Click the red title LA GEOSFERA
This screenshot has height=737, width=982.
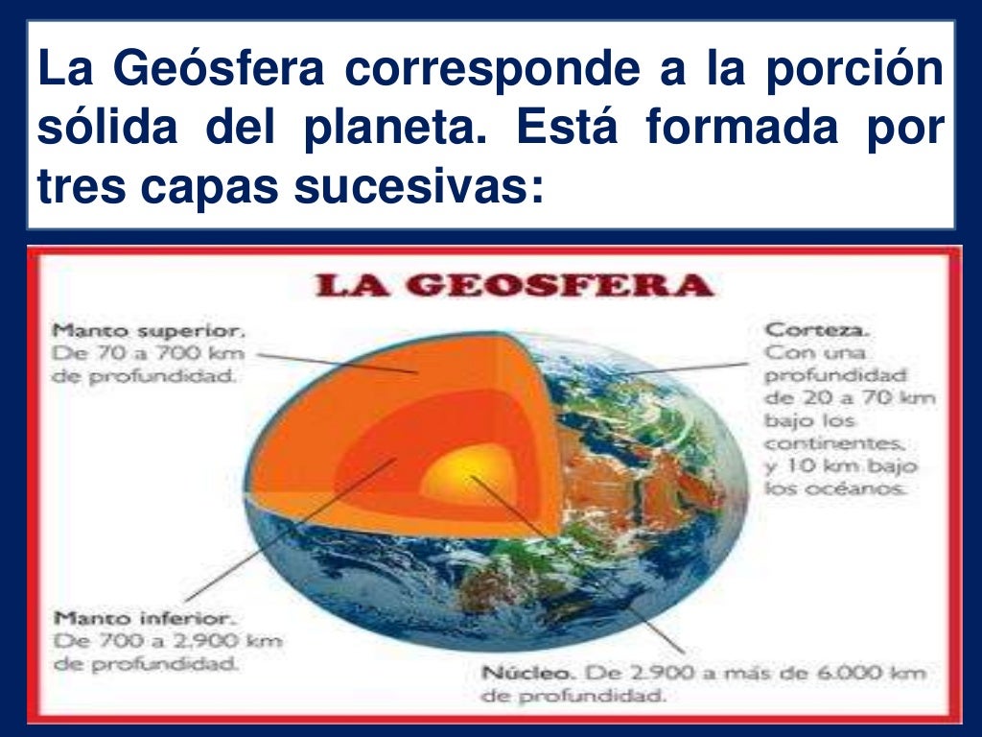point(516,286)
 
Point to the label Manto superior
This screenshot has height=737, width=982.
point(149,331)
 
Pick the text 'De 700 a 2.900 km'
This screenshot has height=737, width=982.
point(167,640)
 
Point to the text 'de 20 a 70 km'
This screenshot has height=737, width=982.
point(850,397)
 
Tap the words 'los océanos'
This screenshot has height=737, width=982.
point(834,488)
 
